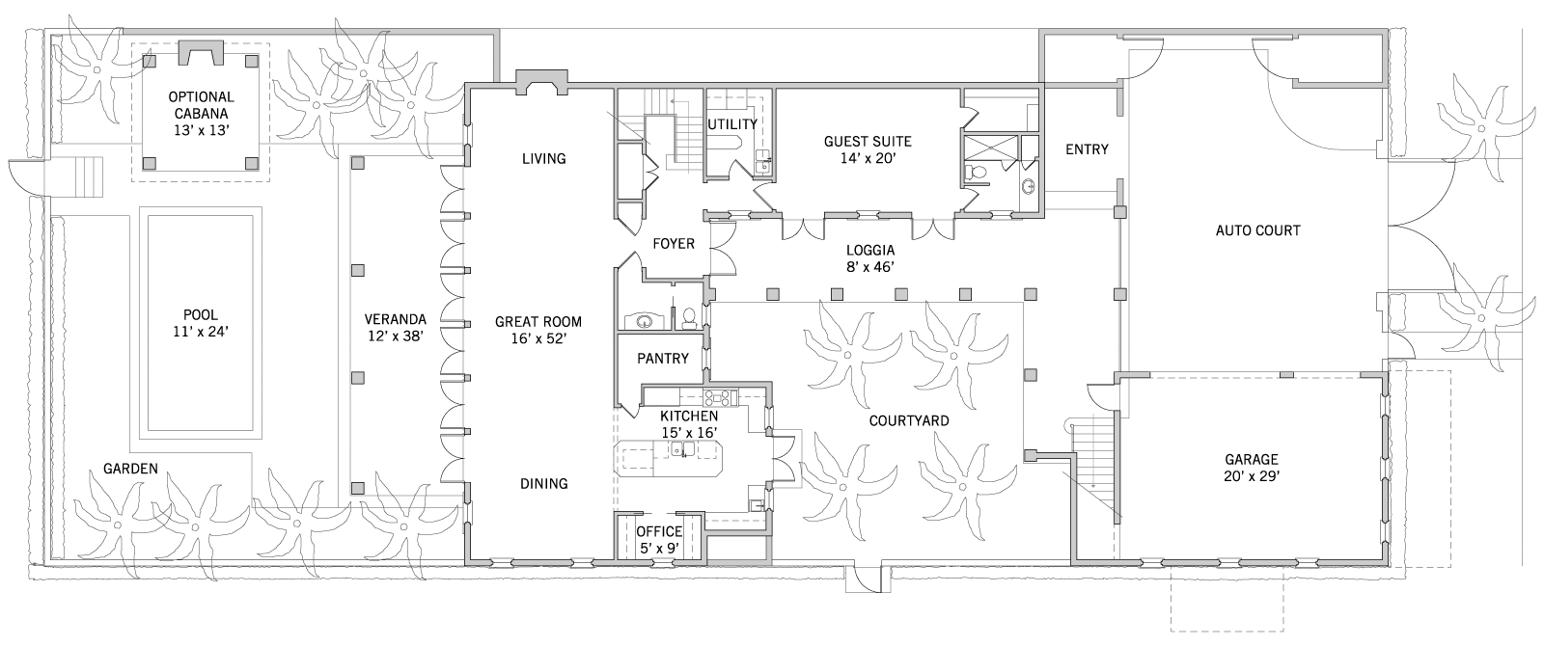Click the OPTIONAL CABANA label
(202, 105)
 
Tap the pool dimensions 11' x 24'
(201, 332)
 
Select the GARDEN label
(131, 469)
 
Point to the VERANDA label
(396, 319)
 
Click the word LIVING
(544, 158)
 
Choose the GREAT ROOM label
(538, 322)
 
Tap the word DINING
(544, 483)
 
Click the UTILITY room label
(732, 124)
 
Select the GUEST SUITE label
(868, 141)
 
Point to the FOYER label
(674, 244)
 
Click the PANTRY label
(663, 358)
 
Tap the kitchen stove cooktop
(720, 397)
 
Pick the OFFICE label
(660, 531)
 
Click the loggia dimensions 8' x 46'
(870, 266)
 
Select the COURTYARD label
(909, 420)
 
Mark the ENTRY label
(1087, 149)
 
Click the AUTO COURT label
(1258, 230)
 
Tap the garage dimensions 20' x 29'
(1252, 476)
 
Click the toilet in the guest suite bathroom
(974, 173)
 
